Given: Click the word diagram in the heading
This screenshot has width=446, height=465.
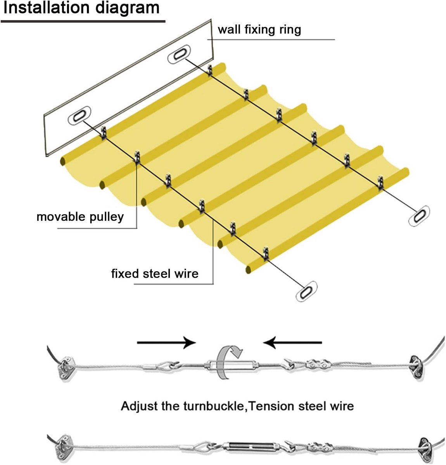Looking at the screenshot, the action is (128, 9).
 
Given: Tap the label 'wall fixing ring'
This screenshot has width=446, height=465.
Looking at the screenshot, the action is (259, 29).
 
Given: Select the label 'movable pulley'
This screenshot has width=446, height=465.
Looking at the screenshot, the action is (80, 217).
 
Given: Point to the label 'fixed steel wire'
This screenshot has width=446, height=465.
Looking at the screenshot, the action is (155, 274).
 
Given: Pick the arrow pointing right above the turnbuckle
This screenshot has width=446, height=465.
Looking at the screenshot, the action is (166, 343).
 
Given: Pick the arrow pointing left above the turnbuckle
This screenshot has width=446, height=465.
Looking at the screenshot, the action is (292, 343).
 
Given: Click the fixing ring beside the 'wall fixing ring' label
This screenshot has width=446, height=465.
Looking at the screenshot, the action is (179, 54).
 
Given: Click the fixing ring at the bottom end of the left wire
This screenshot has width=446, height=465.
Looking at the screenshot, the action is (306, 291).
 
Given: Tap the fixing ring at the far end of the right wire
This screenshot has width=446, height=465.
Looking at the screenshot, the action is (419, 216).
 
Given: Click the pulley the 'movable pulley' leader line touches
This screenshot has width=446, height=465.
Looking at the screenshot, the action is (137, 157).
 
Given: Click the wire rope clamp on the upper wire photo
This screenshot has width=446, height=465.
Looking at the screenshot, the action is (318, 365).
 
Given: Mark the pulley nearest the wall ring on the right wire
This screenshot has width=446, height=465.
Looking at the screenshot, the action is (210, 71).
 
